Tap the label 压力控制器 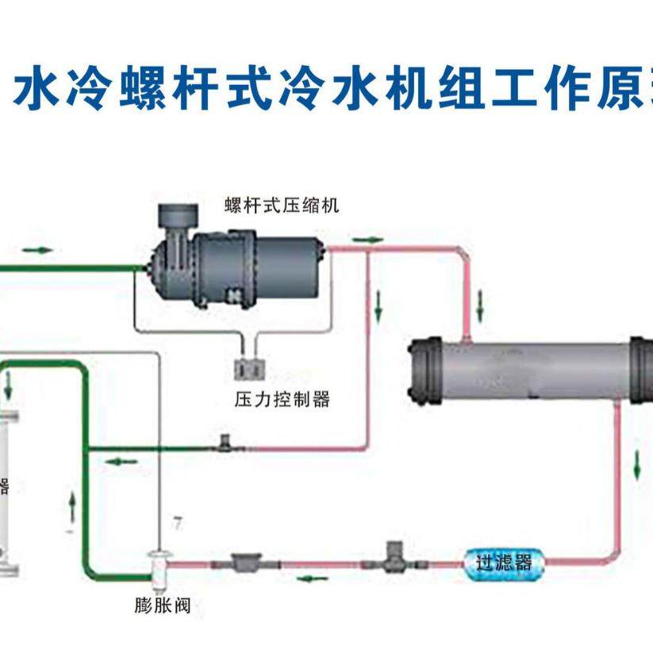[282, 398]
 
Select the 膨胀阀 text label [161, 608]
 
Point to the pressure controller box [248, 368]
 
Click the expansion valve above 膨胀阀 [160, 564]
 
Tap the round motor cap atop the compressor [179, 215]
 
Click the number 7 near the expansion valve [178, 524]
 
